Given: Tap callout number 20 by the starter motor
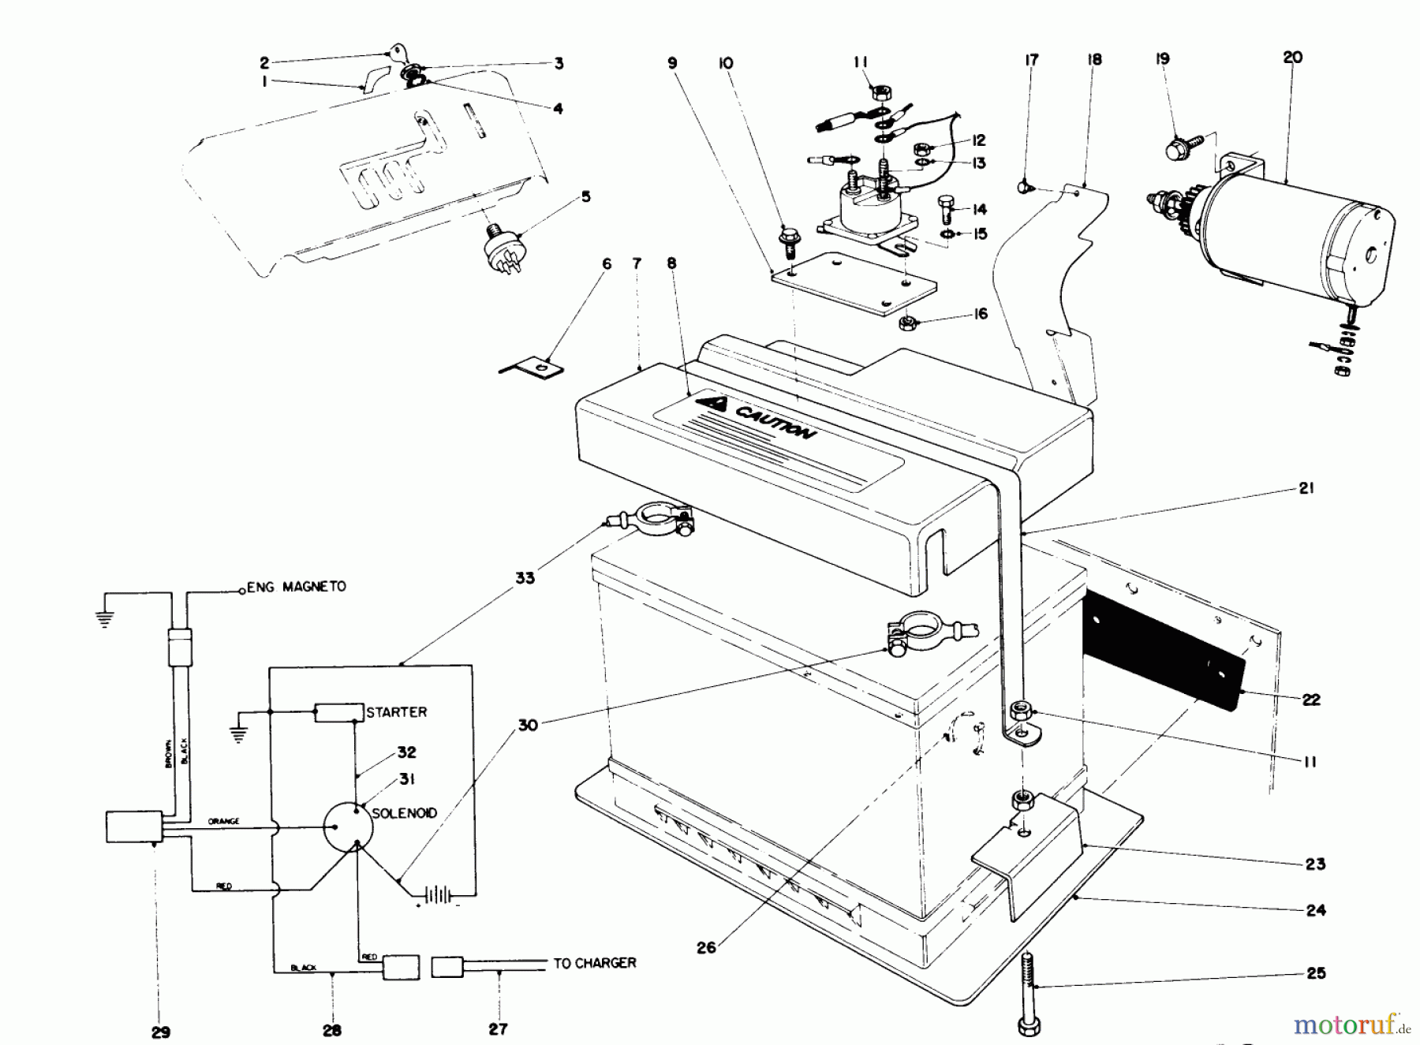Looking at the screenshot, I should pos(1292,57).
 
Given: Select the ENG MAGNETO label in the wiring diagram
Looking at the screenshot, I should pos(297,587).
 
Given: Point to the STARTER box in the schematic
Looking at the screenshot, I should pos(338,712).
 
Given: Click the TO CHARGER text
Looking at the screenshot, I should pos(594,963).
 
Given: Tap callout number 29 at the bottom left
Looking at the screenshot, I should pos(160,1031).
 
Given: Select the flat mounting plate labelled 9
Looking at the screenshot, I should pos(852,282).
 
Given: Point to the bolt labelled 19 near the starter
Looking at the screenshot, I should pos(1178,147).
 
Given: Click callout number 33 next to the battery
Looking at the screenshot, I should pos(525,578).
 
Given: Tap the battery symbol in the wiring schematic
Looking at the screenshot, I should pos(437,895).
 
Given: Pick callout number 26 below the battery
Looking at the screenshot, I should pos(706,946).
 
